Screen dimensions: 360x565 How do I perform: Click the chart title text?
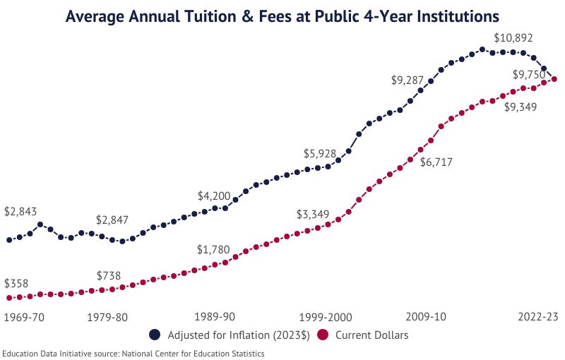pyautogui.click(x=282, y=16)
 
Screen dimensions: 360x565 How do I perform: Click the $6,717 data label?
pyautogui.click(x=436, y=162)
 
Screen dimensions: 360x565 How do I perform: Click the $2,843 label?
pyautogui.click(x=20, y=212)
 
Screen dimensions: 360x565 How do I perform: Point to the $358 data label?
pyautogui.click(x=16, y=284)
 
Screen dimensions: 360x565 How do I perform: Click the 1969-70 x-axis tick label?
pyautogui.click(x=24, y=317)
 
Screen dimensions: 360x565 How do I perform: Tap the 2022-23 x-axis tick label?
pyautogui.click(x=538, y=317)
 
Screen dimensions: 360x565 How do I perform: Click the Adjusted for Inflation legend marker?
pyautogui.click(x=155, y=335)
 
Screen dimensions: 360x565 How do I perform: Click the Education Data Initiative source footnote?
pyautogui.click(x=133, y=354)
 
